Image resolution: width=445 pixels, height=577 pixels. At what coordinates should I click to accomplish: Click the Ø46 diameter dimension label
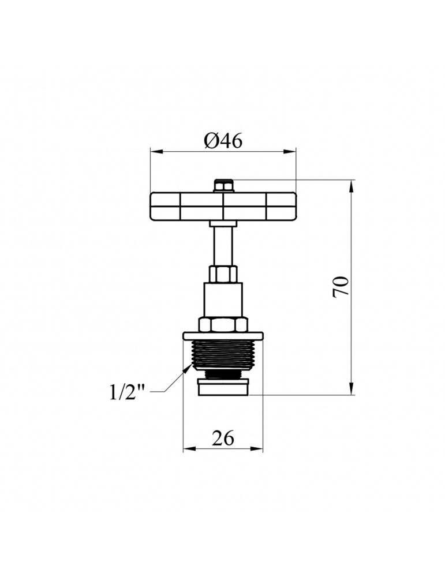coord(223,140)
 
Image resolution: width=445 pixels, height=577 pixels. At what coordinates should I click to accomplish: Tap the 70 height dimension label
coord(341,286)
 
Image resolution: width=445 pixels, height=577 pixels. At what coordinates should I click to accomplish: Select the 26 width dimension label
coord(223,438)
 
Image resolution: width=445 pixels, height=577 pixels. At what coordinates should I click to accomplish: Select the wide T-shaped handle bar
coord(223,206)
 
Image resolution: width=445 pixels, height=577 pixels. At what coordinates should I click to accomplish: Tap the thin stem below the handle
coord(223,245)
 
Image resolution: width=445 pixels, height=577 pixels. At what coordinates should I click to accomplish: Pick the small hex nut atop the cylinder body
coord(223,273)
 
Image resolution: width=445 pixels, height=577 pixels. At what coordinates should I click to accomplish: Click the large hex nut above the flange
coord(223,324)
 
